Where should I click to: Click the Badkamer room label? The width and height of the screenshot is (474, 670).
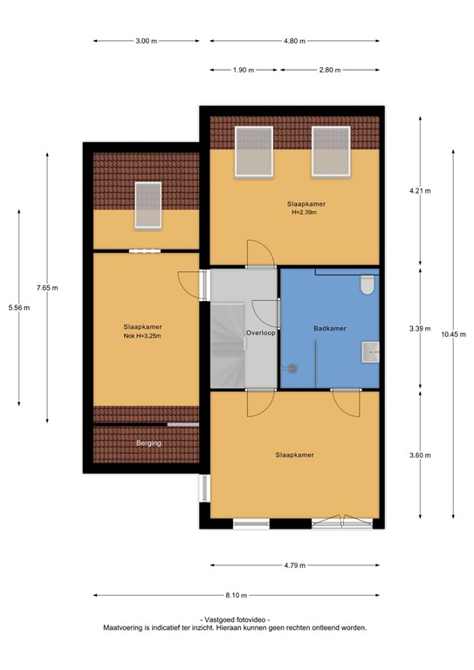(x=330, y=329)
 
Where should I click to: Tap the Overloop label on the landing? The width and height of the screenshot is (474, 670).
(x=260, y=333)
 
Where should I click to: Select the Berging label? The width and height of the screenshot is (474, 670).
(x=148, y=443)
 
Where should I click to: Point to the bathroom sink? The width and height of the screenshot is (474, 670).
(x=370, y=351)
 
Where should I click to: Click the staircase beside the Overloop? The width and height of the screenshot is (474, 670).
(x=226, y=344)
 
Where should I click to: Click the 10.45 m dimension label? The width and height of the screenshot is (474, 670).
(x=453, y=334)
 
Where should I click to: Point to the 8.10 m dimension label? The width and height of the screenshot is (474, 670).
(x=234, y=595)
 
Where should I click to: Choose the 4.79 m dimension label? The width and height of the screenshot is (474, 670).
(x=295, y=565)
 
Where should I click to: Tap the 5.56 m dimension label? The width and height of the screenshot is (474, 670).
(x=18, y=307)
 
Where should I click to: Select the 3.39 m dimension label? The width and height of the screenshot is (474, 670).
(x=421, y=329)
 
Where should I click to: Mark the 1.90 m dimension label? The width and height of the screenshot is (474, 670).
(x=244, y=70)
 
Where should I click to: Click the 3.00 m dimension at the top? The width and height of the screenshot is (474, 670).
(x=147, y=41)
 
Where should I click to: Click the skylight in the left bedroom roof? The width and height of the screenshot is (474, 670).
(x=147, y=205)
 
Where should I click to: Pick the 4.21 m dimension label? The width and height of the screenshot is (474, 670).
(x=421, y=191)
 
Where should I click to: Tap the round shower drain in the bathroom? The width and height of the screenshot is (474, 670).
(x=292, y=368)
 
